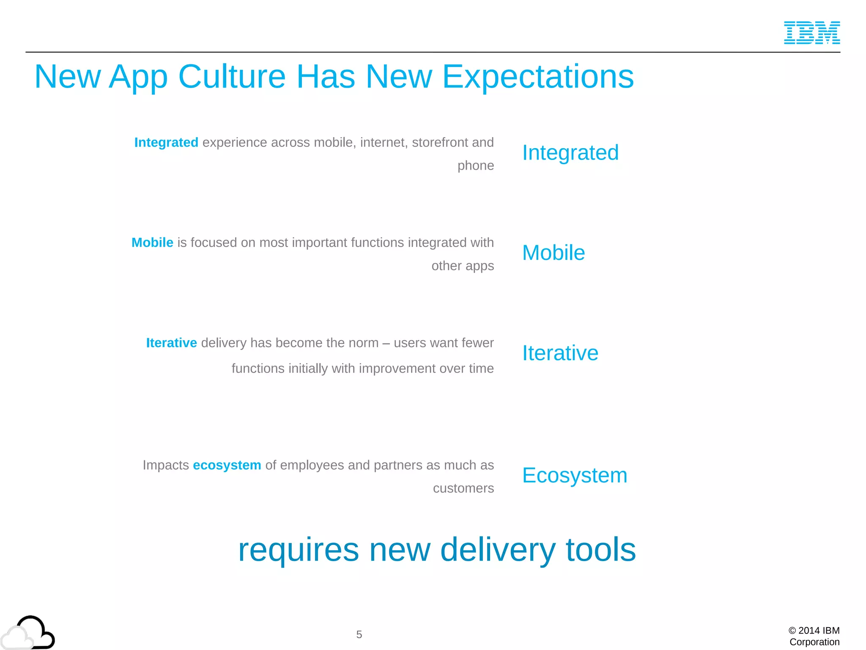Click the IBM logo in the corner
pos(811,33)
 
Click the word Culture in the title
pos(232,77)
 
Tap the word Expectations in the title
pos(538,77)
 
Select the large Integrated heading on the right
pos(570,153)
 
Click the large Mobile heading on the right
pos(553,253)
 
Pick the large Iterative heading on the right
pos(560,353)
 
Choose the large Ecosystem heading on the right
pos(574,475)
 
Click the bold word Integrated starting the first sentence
pos(166,143)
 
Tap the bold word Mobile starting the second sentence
pos(152,242)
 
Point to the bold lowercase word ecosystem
pos(227,465)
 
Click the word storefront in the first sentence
pos(440,143)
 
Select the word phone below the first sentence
pos(475,165)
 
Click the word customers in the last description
pos(463,488)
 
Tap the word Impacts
pos(165,465)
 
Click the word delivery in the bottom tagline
pos(498,550)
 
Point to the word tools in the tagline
pos(600,550)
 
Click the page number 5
pos(359,634)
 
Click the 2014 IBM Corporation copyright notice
pos(814,636)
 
